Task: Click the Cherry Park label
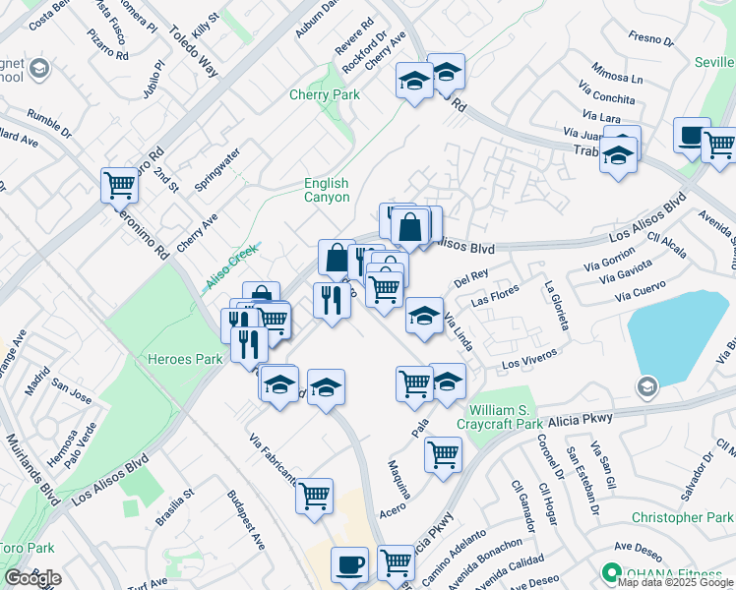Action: tap(324, 95)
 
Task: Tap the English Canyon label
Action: tap(327, 190)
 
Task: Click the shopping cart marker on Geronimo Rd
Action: tap(119, 184)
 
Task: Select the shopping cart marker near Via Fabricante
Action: tap(314, 495)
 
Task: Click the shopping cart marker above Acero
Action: tap(444, 454)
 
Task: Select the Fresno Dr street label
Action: tap(650, 41)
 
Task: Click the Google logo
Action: tap(32, 578)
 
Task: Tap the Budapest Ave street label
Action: tap(246, 520)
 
